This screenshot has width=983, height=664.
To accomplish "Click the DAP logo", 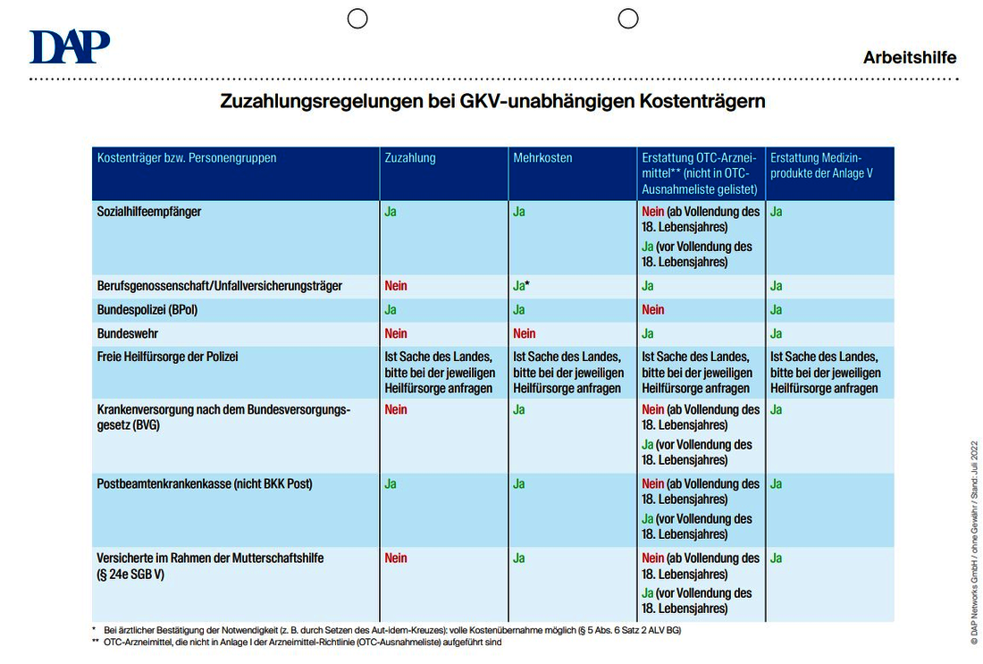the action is pos(70,46).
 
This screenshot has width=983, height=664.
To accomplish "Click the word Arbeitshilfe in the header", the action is pos(910,58).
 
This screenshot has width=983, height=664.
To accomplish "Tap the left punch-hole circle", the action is pos(357,19).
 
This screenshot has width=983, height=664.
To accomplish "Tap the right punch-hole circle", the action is pos(628,19).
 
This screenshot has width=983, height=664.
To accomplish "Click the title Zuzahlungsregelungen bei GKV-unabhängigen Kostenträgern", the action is pos(492,101).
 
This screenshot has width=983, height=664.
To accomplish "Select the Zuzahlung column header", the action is pos(410,158).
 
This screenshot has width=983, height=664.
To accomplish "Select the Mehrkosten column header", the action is pos(543,158).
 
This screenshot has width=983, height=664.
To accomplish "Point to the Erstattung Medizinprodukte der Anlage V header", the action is pos(821,165).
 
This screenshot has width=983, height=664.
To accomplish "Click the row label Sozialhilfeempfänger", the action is pos(149,212).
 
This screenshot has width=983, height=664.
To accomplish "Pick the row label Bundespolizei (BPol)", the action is pos(147,310).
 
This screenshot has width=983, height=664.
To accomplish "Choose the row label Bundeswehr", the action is pos(127,333).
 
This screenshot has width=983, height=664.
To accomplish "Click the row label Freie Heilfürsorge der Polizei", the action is pos(167,357).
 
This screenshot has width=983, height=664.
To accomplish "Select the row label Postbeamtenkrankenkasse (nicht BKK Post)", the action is pos(205,484).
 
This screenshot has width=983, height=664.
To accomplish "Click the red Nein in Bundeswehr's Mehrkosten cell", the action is pos(524,333).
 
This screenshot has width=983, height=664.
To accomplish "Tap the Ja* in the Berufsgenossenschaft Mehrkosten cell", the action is pos(522,286).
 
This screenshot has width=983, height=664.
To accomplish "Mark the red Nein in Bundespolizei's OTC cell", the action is pos(652,310).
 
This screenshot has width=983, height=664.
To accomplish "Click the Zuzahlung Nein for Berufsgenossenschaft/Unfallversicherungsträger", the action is pos(396,286).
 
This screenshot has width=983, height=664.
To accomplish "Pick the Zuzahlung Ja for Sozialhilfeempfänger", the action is pos(391,212).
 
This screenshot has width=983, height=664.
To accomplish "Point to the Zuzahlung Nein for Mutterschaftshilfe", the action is pos(396,558).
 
